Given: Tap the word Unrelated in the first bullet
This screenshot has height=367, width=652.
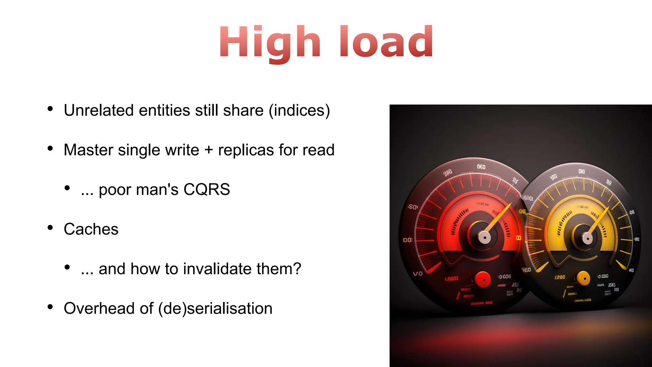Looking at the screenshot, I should click(99, 111).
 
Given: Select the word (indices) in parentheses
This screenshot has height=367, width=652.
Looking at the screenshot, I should click(299, 111).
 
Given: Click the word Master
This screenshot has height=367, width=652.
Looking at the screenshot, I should click(89, 150).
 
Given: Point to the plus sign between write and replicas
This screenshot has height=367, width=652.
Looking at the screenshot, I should click(209, 150).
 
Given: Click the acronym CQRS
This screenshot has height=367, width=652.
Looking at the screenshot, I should click(207, 190).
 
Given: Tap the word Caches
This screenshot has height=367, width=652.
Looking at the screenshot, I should click(91, 229).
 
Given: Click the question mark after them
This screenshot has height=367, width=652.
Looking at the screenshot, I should click(297, 269).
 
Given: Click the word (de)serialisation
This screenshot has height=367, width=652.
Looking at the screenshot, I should click(215, 308).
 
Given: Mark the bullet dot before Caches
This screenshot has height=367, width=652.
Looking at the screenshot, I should click(50, 227).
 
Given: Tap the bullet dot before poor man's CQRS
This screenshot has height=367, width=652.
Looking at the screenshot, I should click(67, 188).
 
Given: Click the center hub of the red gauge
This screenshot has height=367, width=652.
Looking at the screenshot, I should click(484, 237).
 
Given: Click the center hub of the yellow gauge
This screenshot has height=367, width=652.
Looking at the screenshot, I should click(587, 238).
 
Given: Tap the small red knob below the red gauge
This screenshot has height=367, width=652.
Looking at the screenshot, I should click(483, 280).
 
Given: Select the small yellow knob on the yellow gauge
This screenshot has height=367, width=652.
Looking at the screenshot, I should click(583, 279).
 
